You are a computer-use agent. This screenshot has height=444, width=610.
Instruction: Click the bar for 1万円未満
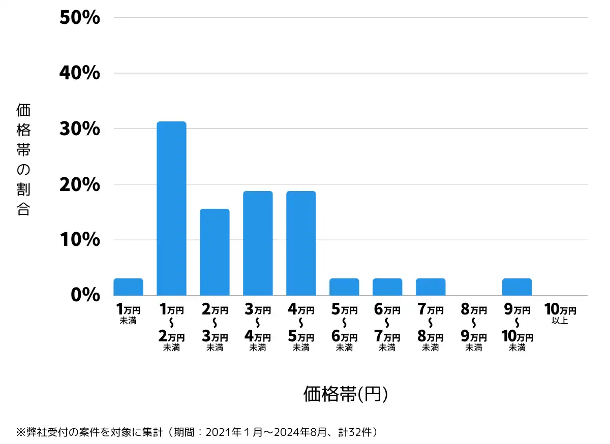[x=128, y=287]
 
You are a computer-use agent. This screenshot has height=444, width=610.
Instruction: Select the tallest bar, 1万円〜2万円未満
[x=171, y=208]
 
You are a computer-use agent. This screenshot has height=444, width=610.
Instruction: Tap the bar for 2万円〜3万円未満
[x=215, y=252]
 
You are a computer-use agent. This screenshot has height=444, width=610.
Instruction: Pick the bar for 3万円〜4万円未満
[x=258, y=243]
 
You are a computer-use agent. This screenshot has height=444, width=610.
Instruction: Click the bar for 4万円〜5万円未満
[x=301, y=243]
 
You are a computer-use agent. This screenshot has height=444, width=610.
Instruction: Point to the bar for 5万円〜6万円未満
[x=344, y=287]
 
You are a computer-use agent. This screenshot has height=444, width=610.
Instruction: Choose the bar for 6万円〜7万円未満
[x=387, y=287]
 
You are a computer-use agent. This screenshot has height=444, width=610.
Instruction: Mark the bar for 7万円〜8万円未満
[x=431, y=287]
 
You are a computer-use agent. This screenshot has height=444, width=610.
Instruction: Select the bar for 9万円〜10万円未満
[x=517, y=287]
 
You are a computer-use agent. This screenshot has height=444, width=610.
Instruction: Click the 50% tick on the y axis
[x=79, y=18]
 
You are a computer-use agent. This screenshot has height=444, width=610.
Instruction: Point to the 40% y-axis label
[x=79, y=73]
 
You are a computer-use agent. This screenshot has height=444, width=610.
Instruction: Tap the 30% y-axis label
[x=79, y=129]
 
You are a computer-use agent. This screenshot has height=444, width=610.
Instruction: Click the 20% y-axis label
[x=79, y=184]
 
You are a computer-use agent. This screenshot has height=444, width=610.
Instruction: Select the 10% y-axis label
[x=79, y=240]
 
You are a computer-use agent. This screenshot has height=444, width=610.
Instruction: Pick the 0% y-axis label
[x=85, y=295]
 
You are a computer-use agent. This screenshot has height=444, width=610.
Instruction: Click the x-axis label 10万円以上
[x=560, y=314]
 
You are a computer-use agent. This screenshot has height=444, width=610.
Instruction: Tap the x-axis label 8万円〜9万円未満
[x=474, y=328]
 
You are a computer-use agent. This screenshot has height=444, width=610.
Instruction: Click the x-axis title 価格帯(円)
[x=346, y=394]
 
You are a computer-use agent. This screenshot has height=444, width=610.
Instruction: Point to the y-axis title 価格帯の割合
[x=23, y=160]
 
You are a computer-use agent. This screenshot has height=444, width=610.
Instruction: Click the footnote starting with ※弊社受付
[x=198, y=433]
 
